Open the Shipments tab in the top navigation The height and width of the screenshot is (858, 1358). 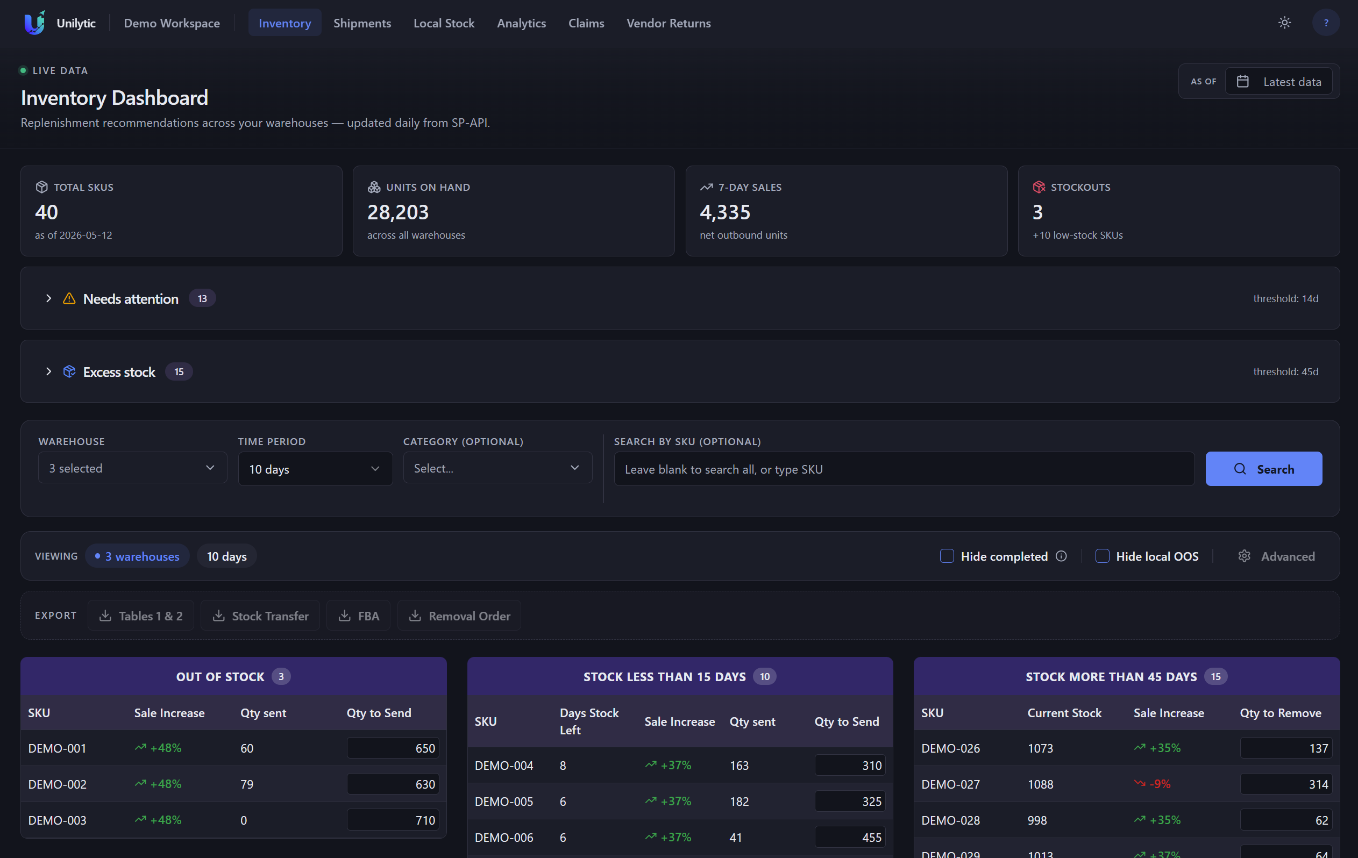(x=362, y=23)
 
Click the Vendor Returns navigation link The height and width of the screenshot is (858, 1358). (x=669, y=23)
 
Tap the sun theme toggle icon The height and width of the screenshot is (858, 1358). (x=1284, y=23)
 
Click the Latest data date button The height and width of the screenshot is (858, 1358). (x=1278, y=82)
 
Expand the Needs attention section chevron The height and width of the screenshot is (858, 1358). (x=48, y=298)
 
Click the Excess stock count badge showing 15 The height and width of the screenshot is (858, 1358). (x=179, y=371)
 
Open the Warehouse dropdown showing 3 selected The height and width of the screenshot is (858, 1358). (x=132, y=468)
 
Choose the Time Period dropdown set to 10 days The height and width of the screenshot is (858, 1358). (x=315, y=468)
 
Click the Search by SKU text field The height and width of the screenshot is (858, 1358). (x=904, y=469)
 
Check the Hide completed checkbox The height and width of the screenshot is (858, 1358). (x=947, y=556)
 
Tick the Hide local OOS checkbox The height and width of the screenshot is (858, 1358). (x=1102, y=556)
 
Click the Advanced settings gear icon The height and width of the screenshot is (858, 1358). (x=1244, y=556)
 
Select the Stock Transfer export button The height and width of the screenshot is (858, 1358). (x=260, y=616)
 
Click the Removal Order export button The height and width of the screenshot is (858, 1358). (x=459, y=616)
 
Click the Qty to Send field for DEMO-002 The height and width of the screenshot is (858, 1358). (x=393, y=784)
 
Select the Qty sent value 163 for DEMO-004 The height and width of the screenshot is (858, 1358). (x=739, y=766)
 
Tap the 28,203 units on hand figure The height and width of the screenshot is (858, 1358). (x=398, y=212)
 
